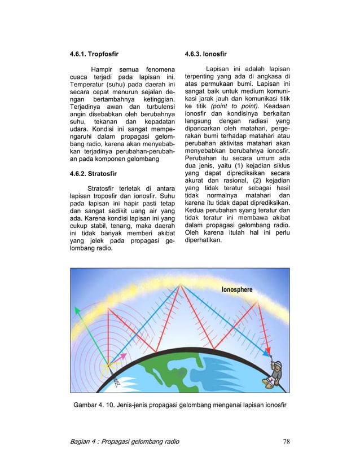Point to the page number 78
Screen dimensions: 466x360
(x=286, y=441)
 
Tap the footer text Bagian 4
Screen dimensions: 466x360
(x=85, y=441)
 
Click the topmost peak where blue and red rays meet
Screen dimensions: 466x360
(x=180, y=285)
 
